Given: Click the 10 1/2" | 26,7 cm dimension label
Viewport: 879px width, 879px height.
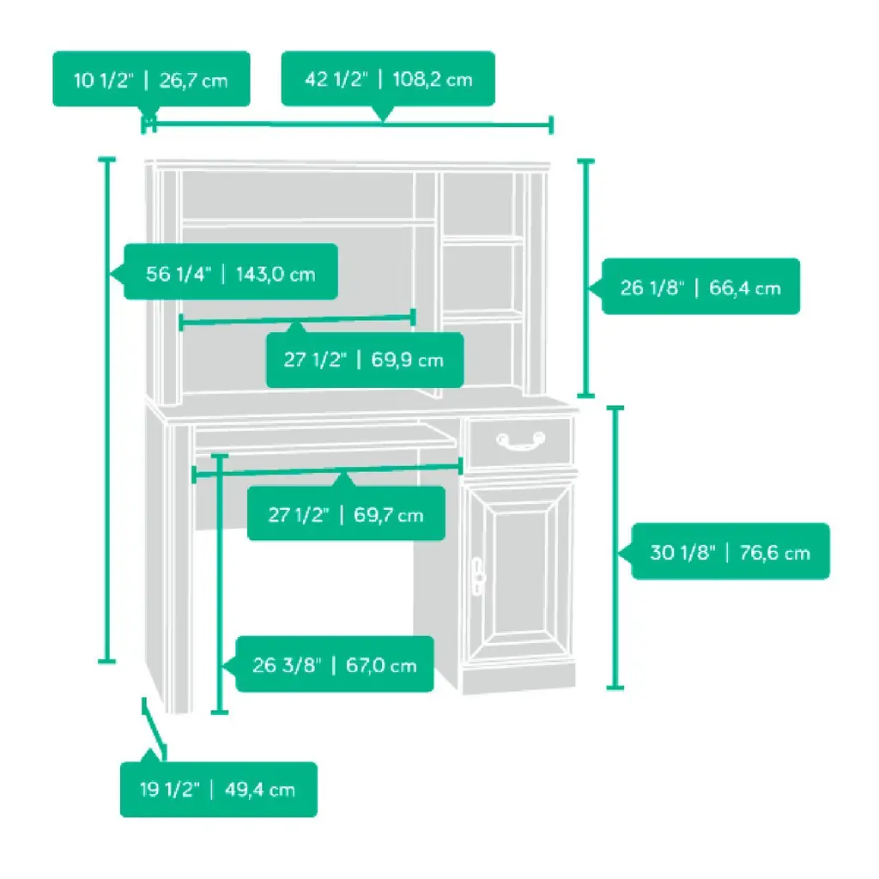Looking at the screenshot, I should (x=151, y=80).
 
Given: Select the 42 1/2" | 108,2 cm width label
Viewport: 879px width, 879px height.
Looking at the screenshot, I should (x=388, y=79).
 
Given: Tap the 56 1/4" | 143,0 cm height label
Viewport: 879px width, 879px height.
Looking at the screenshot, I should (x=230, y=274).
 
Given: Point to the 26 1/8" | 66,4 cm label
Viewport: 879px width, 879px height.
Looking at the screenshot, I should (x=700, y=287).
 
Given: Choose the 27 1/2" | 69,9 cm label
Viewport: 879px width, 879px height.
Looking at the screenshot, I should (x=364, y=360).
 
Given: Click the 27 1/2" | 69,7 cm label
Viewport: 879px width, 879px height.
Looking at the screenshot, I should (x=346, y=514).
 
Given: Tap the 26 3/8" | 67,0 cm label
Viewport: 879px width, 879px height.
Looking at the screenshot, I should (x=334, y=664).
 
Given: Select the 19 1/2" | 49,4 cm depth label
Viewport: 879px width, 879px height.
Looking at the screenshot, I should (x=218, y=789).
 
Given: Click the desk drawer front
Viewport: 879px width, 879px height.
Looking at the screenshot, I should (x=521, y=441).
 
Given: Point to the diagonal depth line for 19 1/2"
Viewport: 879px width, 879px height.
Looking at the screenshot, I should (x=154, y=729).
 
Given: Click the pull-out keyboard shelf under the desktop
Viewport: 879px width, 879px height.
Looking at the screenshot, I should (x=326, y=438).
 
